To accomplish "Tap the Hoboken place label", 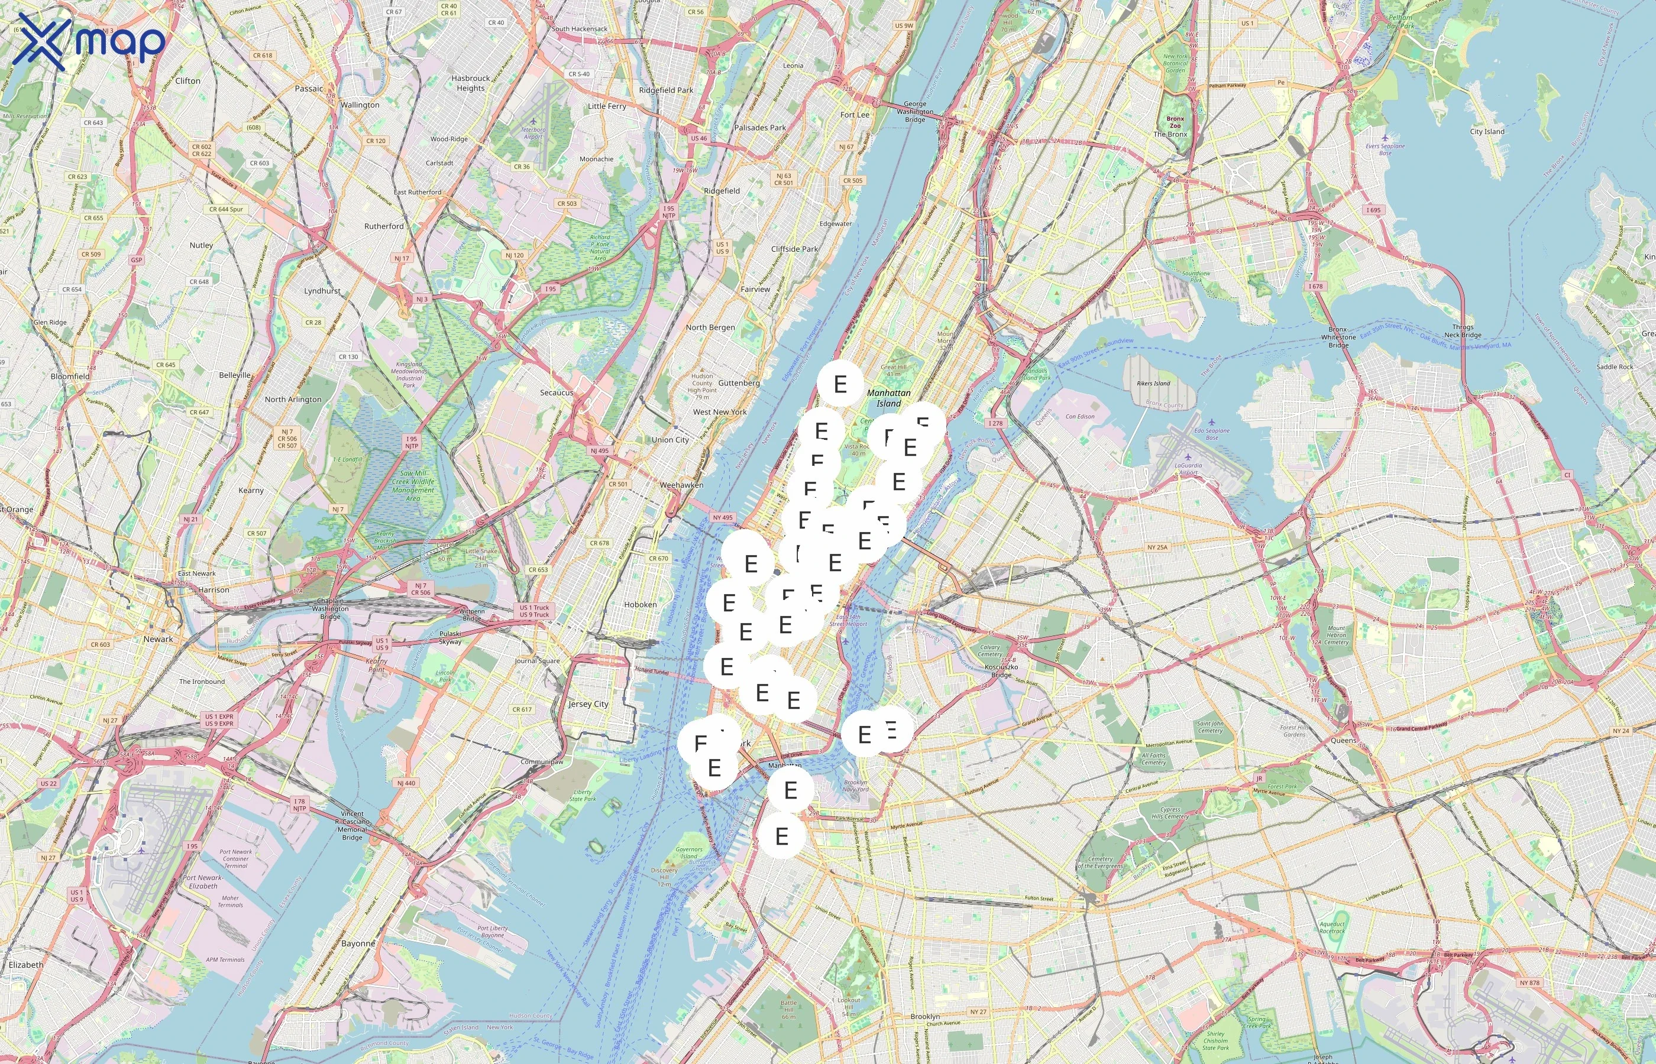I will [640, 605].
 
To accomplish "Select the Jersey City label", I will [587, 704].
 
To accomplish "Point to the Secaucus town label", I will [557, 392].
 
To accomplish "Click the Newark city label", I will [159, 639].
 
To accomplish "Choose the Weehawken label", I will [681, 485].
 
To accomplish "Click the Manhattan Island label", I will [888, 398].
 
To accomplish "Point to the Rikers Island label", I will [1153, 384].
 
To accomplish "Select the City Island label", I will [1487, 131].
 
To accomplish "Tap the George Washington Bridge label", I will [914, 111].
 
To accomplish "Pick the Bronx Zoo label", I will [1175, 122].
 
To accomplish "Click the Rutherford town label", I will [384, 226].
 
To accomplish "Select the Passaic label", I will [308, 89].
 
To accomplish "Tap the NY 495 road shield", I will [722, 517].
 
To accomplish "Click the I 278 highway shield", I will [995, 423].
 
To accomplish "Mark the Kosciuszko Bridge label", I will [1001, 671].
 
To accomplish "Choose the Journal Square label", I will [537, 660].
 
